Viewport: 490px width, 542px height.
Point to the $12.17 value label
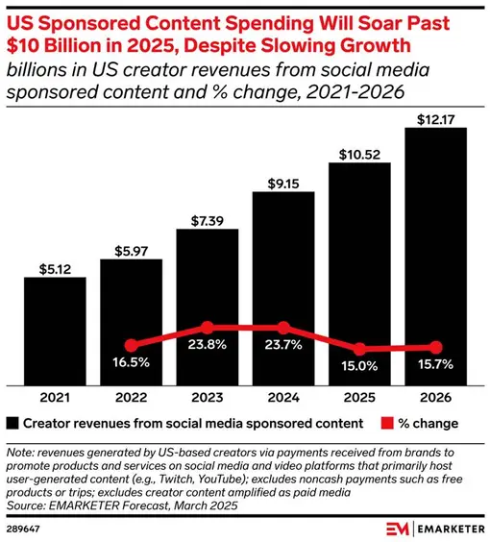click(x=435, y=116)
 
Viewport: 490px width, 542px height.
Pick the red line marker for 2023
click(x=207, y=328)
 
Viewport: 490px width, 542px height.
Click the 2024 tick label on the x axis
click(x=282, y=395)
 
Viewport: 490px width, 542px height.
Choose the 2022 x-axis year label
click(x=131, y=395)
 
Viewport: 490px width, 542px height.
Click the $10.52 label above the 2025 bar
click(x=359, y=151)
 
